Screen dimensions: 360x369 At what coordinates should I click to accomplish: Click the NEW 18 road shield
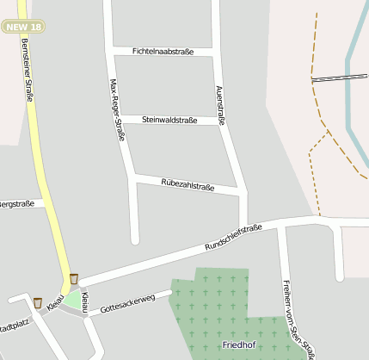tap(22, 28)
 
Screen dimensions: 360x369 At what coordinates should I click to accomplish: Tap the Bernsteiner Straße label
tap(27, 71)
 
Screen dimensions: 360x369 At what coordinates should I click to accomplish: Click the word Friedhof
tap(238, 344)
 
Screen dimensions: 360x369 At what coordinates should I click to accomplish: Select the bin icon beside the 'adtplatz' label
tap(37, 302)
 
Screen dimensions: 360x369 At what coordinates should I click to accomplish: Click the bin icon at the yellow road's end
tap(74, 278)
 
